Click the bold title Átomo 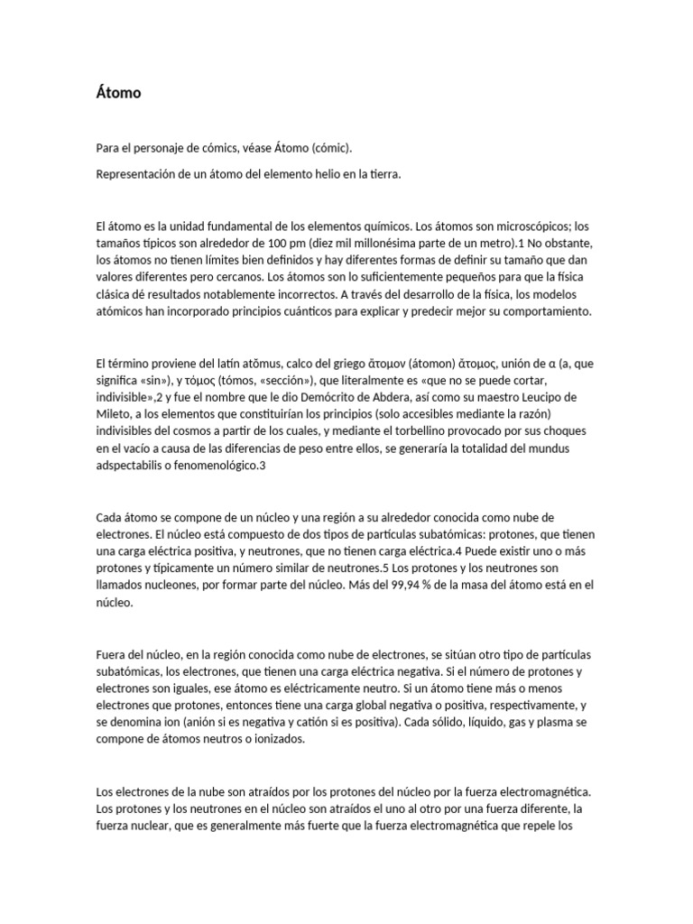tap(118, 92)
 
